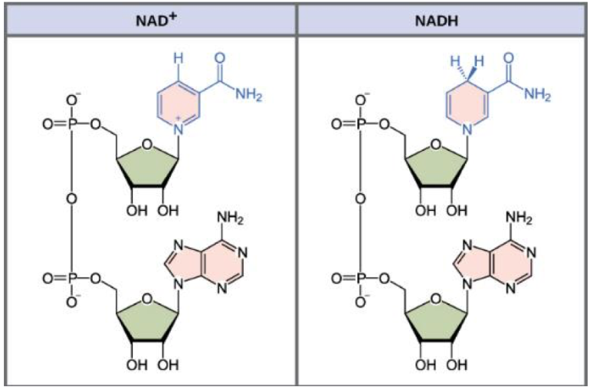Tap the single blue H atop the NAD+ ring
click(179, 58)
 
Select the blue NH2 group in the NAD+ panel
click(250, 95)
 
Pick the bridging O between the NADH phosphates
click(361, 200)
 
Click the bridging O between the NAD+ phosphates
click(71, 200)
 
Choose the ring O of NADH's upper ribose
click(436, 143)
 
